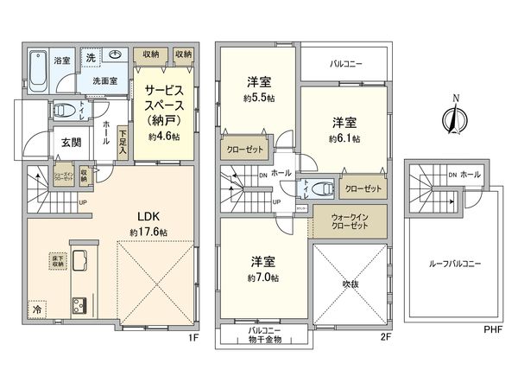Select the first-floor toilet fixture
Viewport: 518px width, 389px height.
pyautogui.click(x=63, y=111)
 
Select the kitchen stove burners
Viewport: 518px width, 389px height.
pyautogui.click(x=79, y=305)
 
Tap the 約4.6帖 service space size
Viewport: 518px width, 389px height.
pyautogui.click(x=163, y=137)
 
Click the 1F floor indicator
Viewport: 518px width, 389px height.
pyautogui.click(x=194, y=337)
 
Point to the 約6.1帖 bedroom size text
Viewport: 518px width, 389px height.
pyautogui.click(x=344, y=138)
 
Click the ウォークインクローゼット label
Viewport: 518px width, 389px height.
pyautogui.click(x=349, y=220)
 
